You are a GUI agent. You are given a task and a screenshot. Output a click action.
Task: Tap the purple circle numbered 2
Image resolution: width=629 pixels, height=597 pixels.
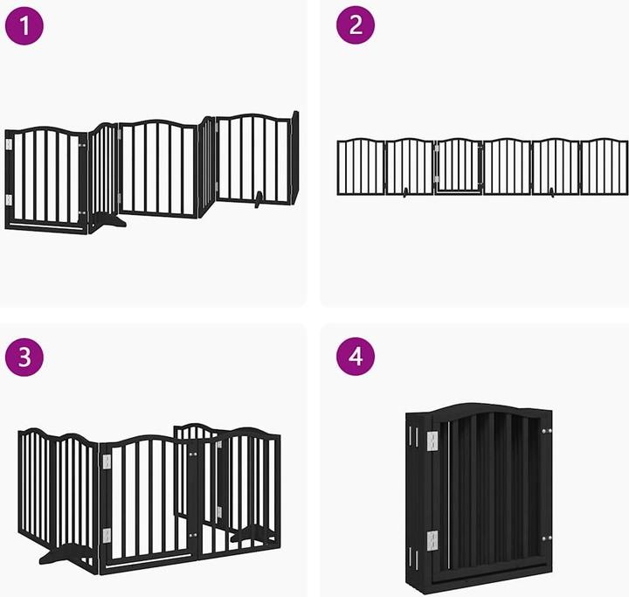coord(356,27)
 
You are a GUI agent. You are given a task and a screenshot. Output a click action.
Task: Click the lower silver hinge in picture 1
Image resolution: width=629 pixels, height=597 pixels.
coord(10,200)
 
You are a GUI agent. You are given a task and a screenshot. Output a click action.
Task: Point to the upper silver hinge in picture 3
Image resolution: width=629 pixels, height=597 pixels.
coord(107,459)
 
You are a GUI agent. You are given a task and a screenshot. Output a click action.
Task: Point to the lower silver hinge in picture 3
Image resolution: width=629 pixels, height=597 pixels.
coord(107,535)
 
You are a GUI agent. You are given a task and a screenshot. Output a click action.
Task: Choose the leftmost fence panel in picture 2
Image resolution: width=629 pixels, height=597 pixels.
coord(361,166)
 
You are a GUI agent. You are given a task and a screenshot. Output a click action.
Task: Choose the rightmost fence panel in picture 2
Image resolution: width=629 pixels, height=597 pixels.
coord(604,166)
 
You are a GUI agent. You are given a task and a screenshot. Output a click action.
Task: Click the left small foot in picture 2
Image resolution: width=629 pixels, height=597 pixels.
coord(404,195)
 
